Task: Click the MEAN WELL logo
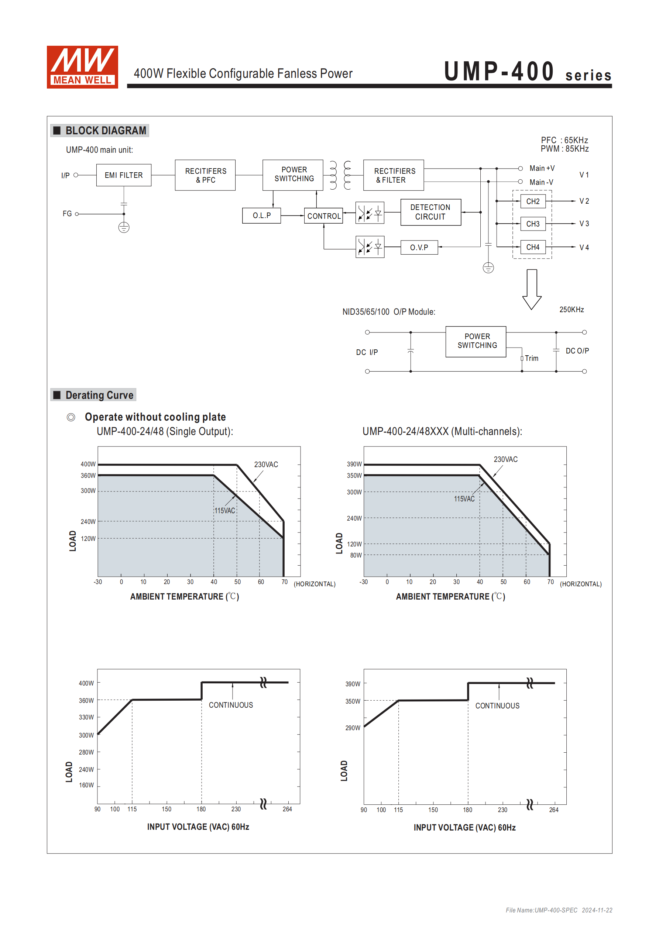(x=82, y=67)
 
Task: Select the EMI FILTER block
(x=124, y=175)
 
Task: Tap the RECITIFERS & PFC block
(x=205, y=175)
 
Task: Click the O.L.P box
(x=261, y=215)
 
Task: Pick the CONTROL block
(x=323, y=216)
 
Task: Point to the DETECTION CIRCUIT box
(x=430, y=212)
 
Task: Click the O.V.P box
(x=419, y=248)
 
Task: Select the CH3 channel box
(x=533, y=224)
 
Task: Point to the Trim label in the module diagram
(x=531, y=358)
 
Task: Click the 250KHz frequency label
(x=571, y=310)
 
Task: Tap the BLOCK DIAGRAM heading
(x=106, y=131)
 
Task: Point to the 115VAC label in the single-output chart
(x=225, y=511)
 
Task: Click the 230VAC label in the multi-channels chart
(x=505, y=459)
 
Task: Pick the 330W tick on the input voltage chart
(x=86, y=717)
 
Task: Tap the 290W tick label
(x=353, y=728)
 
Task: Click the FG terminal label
(x=67, y=214)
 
